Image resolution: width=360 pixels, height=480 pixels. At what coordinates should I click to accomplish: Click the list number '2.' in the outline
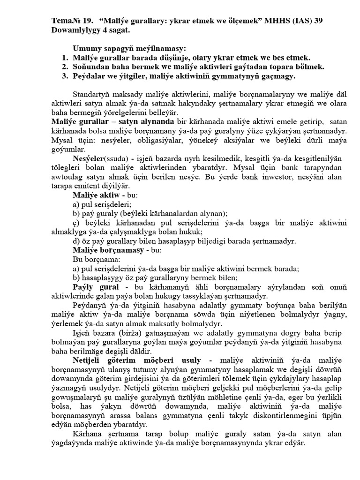[66, 67]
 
